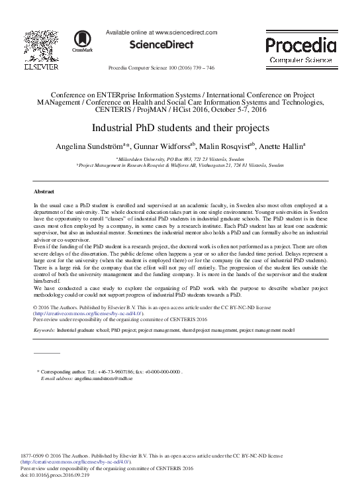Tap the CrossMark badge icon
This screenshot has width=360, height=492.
[x=82, y=40]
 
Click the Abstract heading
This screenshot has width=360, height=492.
[x=44, y=190]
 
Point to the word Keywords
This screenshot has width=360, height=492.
[x=44, y=328]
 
